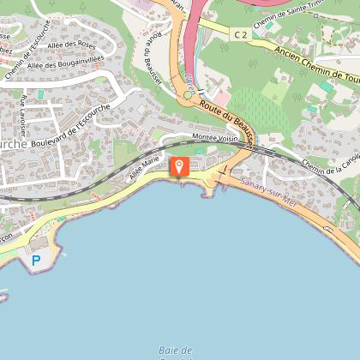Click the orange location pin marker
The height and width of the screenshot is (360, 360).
coord(179,165)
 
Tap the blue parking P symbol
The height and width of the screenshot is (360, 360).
coord(36,260)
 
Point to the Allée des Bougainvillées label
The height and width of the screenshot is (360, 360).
coord(65,65)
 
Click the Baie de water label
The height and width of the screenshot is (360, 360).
coord(176,349)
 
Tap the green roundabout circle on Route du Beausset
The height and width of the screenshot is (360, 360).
coord(187,94)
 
